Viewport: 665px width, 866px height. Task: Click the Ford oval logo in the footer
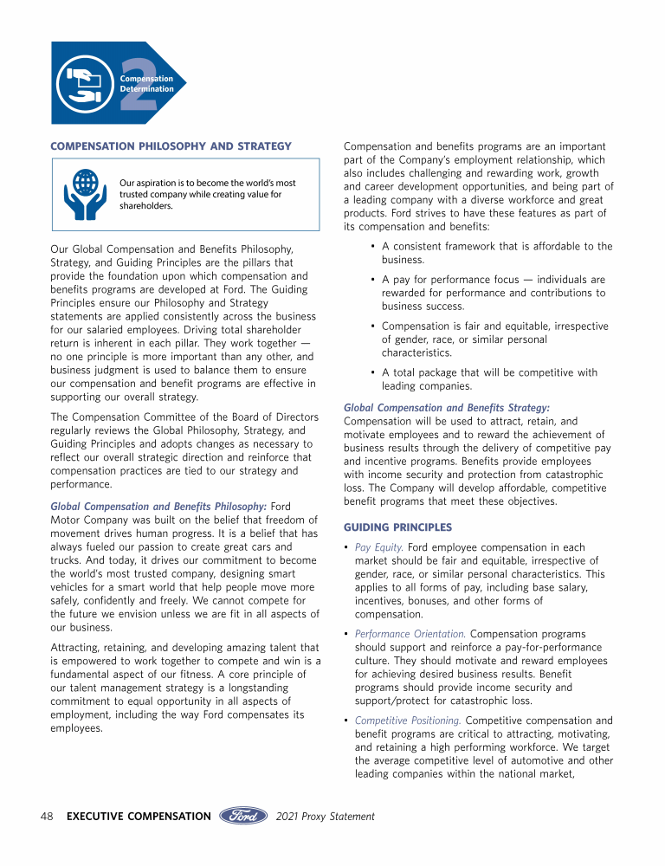[x=245, y=816]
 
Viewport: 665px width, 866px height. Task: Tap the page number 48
[x=48, y=816]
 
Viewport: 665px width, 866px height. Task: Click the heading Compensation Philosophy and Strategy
[x=171, y=145]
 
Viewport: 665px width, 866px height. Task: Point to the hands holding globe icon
[x=85, y=195]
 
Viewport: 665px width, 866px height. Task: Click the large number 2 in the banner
[x=139, y=85]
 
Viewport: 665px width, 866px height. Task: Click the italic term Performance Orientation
[x=410, y=633]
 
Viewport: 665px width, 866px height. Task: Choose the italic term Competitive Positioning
[x=408, y=721]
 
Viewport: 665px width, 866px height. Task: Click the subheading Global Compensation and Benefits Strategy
[x=447, y=407]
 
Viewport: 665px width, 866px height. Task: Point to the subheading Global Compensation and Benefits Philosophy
[x=158, y=506]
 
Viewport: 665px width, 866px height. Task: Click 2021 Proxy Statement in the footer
[x=325, y=816]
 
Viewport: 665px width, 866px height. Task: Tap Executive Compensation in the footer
[x=139, y=816]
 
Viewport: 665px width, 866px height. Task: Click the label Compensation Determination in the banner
[x=147, y=84]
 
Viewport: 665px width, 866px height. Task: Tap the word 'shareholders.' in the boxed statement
[x=146, y=206]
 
